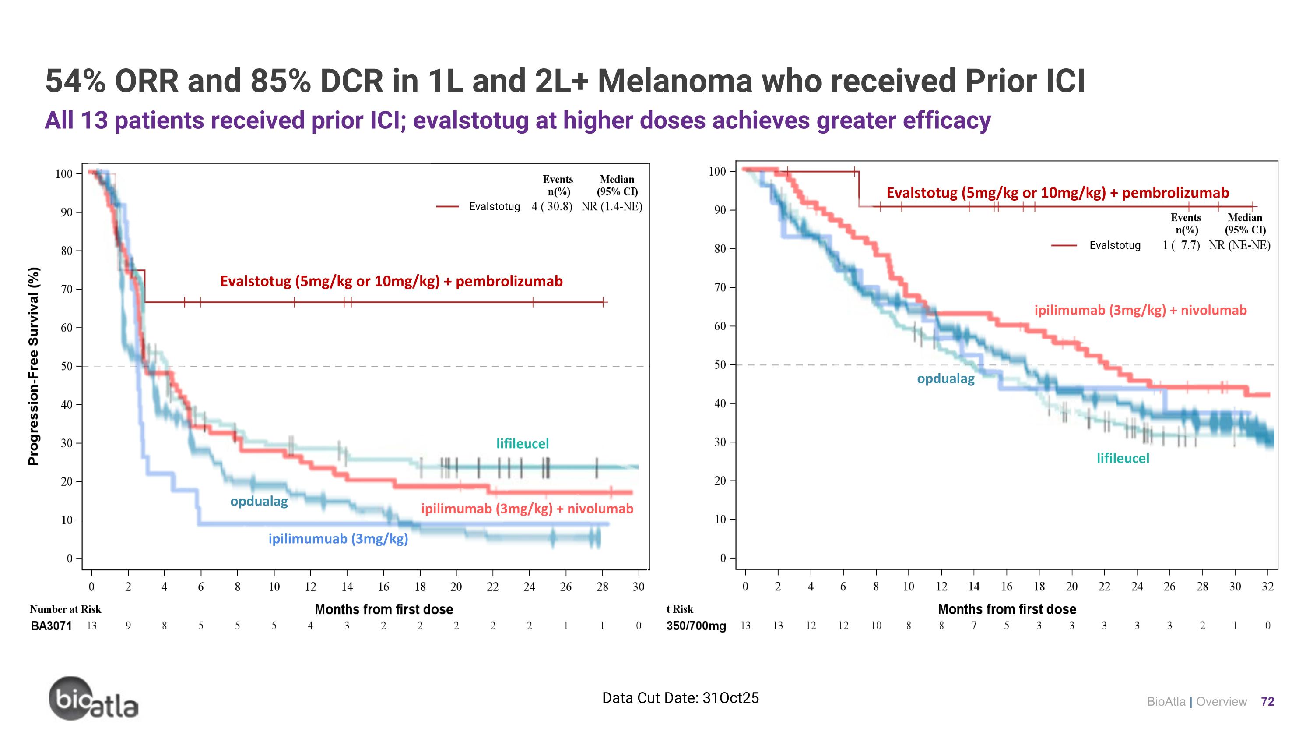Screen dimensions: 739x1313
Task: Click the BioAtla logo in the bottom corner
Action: tap(93, 699)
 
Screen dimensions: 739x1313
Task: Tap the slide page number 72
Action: tap(1267, 702)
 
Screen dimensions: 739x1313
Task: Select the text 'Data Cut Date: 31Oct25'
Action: tap(680, 698)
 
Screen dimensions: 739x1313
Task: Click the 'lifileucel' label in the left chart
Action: tap(523, 444)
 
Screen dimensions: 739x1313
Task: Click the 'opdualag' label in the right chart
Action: tap(945, 379)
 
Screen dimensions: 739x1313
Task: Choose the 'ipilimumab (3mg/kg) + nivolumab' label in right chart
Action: tap(1140, 310)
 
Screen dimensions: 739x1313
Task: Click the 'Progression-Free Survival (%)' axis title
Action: tap(34, 366)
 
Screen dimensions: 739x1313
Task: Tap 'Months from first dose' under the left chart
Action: tap(384, 609)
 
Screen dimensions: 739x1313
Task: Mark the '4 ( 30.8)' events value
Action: tap(551, 207)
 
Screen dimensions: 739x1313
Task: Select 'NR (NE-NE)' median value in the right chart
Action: tap(1239, 245)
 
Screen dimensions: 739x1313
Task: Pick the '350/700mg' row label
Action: tap(696, 626)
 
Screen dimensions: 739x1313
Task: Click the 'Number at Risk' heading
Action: tap(65, 609)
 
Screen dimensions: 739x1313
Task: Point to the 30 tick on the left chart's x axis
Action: tap(638, 587)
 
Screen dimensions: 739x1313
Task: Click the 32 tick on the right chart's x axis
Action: tap(1267, 587)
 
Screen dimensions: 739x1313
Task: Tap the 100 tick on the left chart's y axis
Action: tap(64, 174)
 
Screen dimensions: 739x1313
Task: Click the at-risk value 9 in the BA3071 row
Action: tap(128, 626)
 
